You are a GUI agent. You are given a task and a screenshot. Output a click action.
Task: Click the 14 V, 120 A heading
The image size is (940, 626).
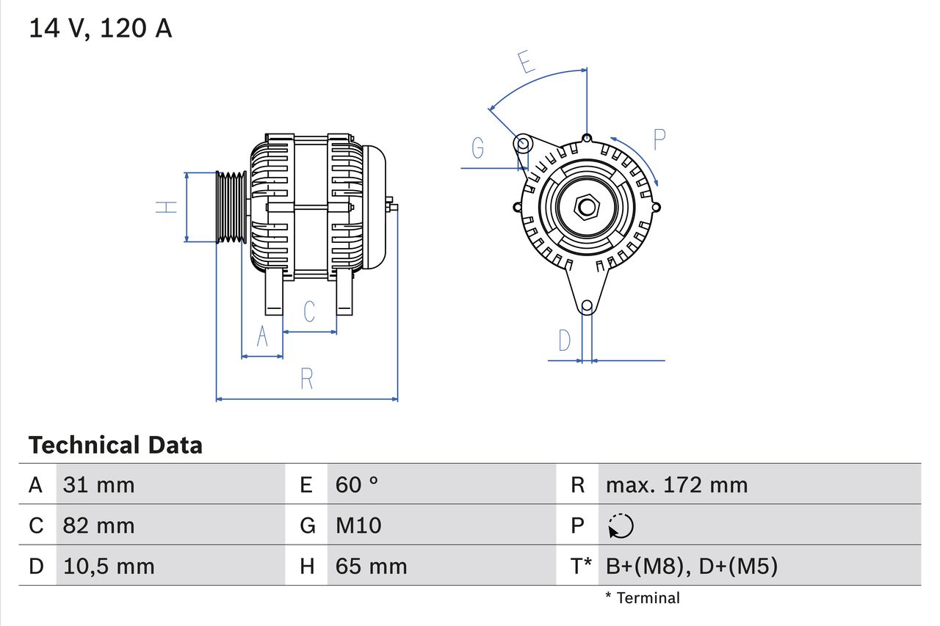tap(100, 29)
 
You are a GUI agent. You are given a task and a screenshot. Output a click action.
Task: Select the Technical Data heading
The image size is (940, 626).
tap(115, 445)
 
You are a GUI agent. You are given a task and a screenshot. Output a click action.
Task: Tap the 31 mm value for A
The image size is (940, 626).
tap(98, 484)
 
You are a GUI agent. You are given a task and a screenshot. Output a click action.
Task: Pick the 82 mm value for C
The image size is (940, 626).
tap(98, 525)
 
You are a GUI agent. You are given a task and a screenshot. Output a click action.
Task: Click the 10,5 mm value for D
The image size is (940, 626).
tap(108, 566)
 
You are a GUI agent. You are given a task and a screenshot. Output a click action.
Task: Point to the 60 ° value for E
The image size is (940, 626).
tap(357, 484)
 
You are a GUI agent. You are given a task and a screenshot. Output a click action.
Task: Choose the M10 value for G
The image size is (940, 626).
tap(358, 525)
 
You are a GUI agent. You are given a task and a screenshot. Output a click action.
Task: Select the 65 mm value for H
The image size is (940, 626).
tap(371, 566)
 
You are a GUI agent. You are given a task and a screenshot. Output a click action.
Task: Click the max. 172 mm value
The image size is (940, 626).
tap(676, 484)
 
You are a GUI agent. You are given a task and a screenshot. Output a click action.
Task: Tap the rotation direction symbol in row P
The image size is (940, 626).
tap(621, 526)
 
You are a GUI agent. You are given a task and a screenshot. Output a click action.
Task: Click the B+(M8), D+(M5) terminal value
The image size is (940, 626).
tap(691, 566)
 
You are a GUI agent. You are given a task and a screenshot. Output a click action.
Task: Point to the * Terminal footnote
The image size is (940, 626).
tap(643, 598)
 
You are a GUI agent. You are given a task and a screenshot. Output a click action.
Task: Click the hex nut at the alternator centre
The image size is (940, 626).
tap(586, 207)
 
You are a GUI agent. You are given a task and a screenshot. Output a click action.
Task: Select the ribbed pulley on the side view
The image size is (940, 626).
tap(231, 207)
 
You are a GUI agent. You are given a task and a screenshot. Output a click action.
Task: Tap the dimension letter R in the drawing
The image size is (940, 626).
tap(307, 379)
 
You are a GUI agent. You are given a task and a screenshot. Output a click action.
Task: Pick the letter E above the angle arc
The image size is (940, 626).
tap(526, 63)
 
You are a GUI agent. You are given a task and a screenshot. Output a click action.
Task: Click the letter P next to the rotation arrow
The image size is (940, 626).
tap(659, 139)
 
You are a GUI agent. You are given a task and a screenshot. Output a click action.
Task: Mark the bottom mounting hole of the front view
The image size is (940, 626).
tap(586, 306)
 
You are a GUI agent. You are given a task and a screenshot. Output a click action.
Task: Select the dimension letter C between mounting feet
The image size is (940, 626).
tap(309, 311)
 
